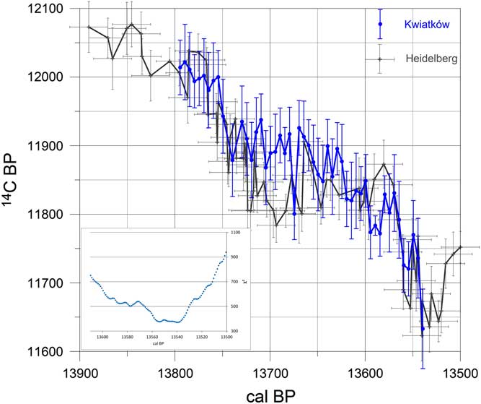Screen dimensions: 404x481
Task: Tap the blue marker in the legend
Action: [x=380, y=24]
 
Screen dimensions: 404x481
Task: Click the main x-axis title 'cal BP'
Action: [x=270, y=394]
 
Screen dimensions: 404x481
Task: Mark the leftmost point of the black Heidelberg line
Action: [x=89, y=27]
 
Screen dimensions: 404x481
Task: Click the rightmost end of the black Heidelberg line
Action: [x=460, y=247]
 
